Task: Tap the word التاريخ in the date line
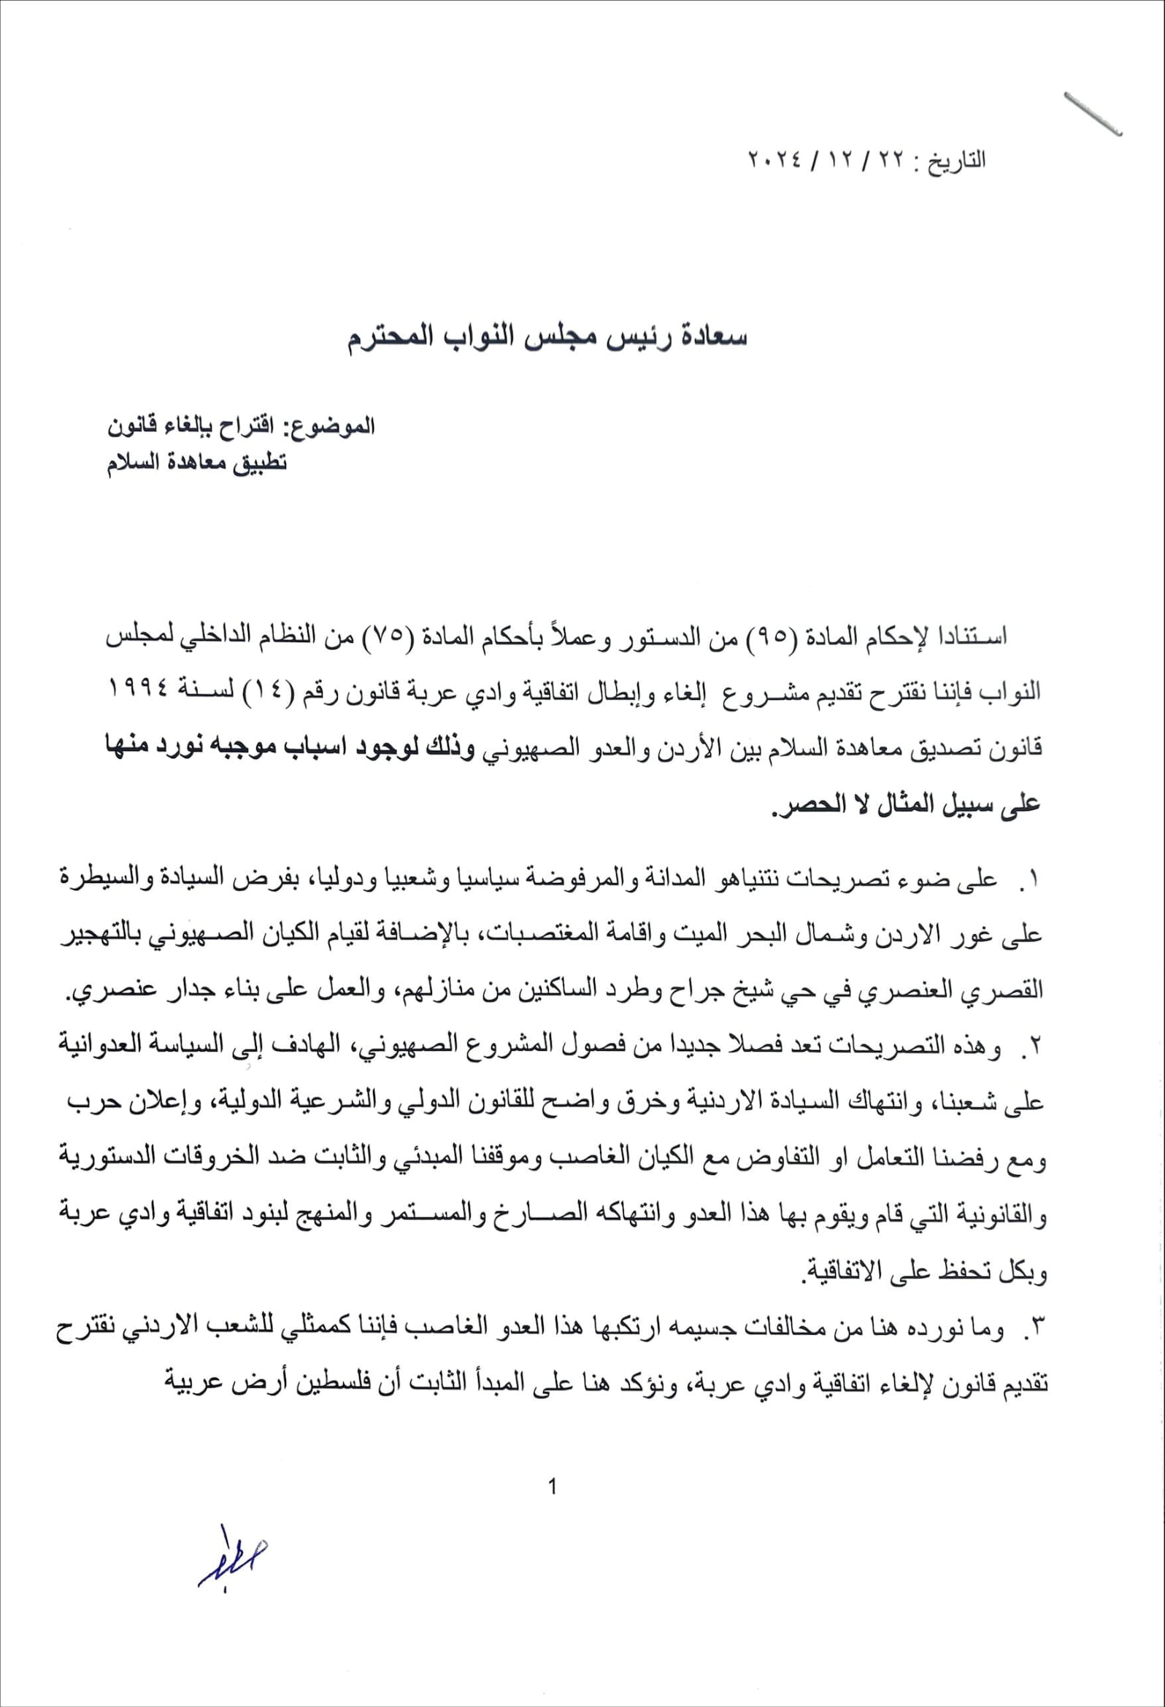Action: pos(953,161)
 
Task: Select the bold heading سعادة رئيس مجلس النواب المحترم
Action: pos(547,339)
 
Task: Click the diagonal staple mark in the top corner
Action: pos(1092,114)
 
